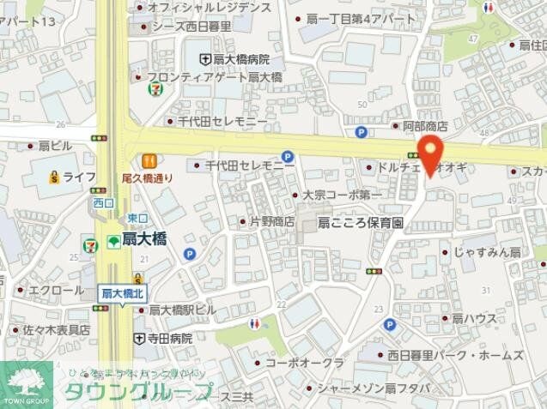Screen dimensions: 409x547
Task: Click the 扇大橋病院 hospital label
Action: tap(241, 59)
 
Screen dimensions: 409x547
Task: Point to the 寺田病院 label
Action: tap(169, 339)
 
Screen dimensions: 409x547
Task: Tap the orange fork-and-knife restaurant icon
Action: tap(149, 159)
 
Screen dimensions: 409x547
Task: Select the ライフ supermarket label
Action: tap(79, 177)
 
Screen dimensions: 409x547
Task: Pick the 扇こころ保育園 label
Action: tap(361, 222)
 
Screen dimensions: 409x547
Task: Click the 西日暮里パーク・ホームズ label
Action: tap(454, 354)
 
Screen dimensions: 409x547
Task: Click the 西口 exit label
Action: tap(103, 202)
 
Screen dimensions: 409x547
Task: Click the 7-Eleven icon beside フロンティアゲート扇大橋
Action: tap(151, 88)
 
